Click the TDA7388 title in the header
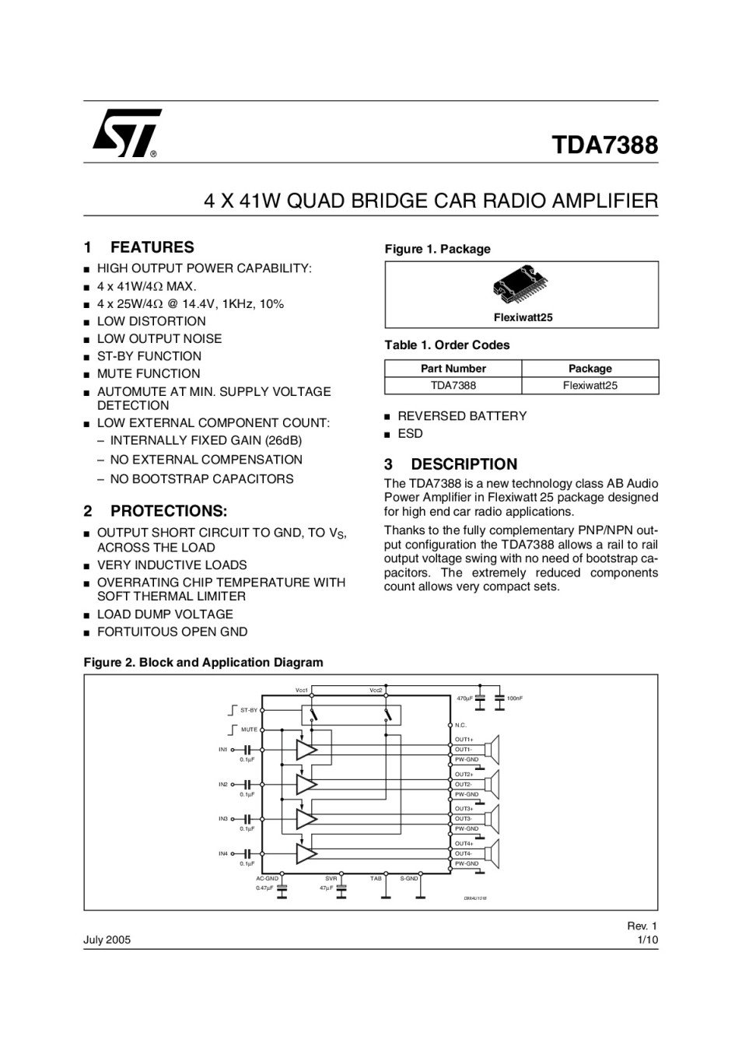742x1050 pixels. coord(604,145)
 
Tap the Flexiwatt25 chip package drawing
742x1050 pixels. coord(522,289)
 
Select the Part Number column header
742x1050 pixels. coord(453,369)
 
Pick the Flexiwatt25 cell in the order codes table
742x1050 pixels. coord(590,386)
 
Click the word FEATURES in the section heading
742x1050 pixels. coord(152,248)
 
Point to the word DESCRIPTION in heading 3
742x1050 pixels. coord(464,464)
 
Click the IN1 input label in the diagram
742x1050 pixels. coord(223,750)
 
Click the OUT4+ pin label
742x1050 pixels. coord(464,844)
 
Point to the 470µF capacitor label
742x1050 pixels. coord(465,698)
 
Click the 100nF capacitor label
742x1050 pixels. coord(515,698)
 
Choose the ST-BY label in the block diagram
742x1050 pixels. coord(249,710)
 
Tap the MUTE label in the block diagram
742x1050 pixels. coord(249,730)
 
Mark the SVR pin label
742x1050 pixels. coord(331,878)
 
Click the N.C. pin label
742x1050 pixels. coord(460,725)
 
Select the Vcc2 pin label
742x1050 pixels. coord(376,690)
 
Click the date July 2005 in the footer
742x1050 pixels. coord(107,940)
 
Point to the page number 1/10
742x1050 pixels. coord(647,940)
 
